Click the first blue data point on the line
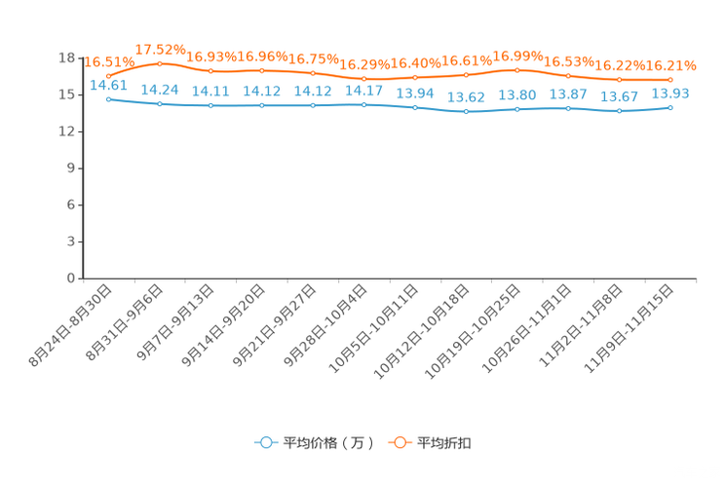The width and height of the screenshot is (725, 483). [108, 98]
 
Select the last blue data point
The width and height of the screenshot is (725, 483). [670, 106]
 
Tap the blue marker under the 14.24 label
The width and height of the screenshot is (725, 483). [160, 103]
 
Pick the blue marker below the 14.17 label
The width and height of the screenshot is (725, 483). [363, 103]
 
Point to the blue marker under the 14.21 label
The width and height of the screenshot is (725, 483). [210, 105]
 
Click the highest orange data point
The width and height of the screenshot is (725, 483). [160, 63]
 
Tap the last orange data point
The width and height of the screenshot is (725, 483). [670, 80]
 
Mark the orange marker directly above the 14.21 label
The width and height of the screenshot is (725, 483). [210, 71]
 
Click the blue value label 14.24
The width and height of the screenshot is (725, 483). [160, 89]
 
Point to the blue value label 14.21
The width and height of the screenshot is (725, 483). [210, 91]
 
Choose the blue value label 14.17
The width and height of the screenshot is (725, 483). [363, 90]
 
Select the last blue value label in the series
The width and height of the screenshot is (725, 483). [670, 93]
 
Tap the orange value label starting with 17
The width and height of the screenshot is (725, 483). [160, 49]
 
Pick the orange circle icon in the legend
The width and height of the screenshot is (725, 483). [400, 442]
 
